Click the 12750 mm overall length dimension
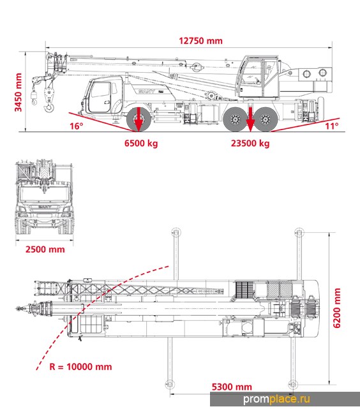click(200, 41)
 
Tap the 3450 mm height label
click(18, 92)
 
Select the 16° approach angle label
click(77, 126)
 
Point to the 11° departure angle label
click(332, 126)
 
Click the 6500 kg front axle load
click(141, 144)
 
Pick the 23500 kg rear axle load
click(250, 144)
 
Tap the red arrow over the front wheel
click(139, 119)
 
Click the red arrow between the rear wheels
click(250, 119)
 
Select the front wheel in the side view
click(139, 119)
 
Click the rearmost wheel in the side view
click(266, 119)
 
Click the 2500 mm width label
click(45, 249)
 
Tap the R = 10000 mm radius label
click(80, 367)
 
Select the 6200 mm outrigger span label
click(336, 308)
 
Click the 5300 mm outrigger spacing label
click(232, 387)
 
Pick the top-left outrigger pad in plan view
click(176, 233)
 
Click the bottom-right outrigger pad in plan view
click(293, 384)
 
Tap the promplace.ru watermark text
click(276, 399)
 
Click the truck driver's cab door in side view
click(100, 97)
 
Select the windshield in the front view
click(45, 194)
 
